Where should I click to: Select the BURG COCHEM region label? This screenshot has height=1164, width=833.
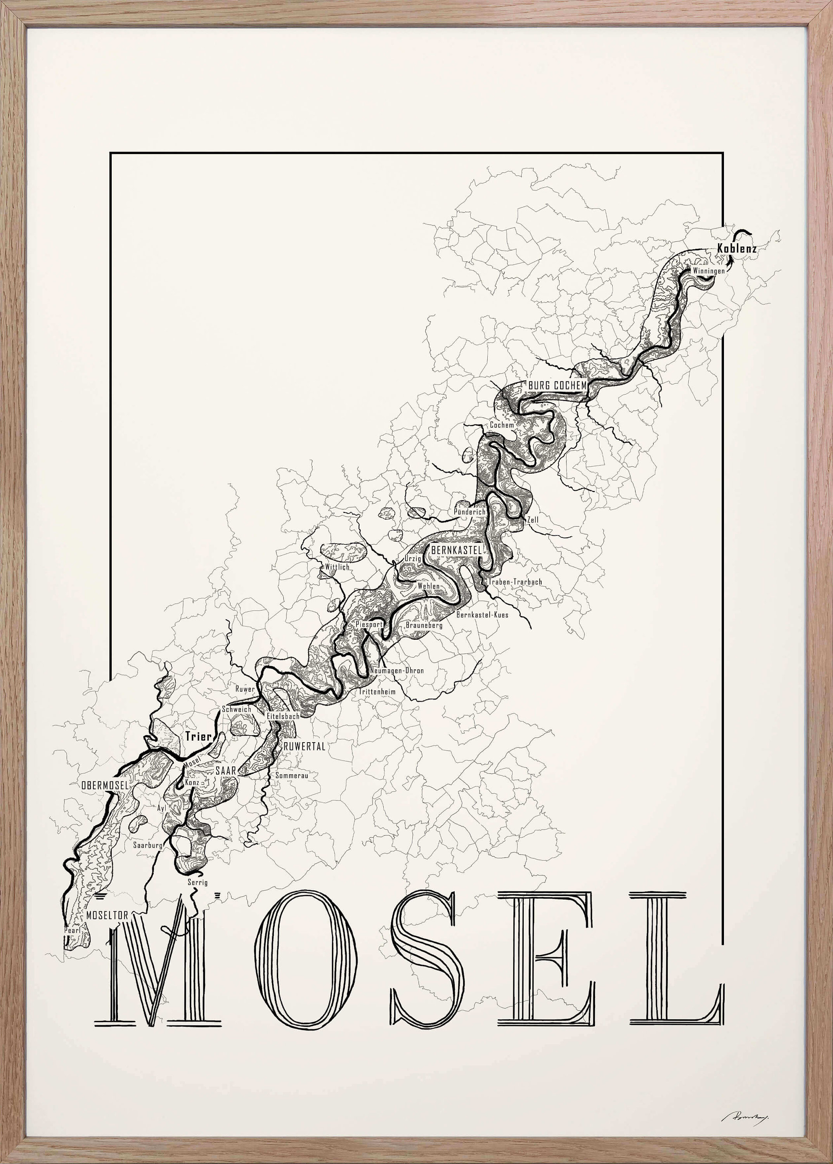click(557, 385)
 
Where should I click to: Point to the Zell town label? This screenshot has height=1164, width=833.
click(533, 520)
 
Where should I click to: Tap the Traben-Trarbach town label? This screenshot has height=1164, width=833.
click(515, 582)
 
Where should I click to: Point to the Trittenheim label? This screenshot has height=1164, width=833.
click(377, 691)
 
